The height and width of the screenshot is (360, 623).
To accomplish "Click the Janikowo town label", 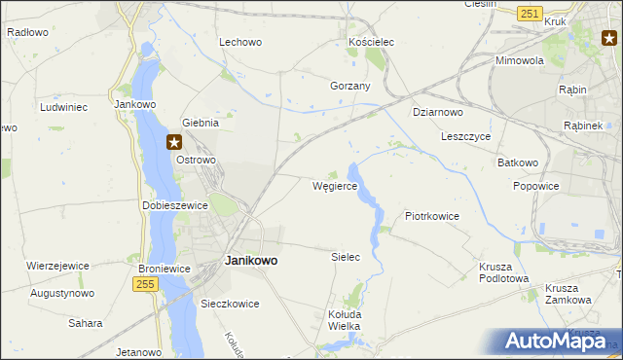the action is point(251,261).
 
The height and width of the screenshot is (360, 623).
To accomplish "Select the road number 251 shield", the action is point(530,14).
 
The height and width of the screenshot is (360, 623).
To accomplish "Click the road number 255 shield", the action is point(145,282).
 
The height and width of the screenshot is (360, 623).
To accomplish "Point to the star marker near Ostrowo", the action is point(174,141).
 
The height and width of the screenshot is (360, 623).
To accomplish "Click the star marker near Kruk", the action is point(608,39).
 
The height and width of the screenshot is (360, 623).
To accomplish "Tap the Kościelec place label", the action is point(370,43).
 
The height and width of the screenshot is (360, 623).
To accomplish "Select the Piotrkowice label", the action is point(431,216).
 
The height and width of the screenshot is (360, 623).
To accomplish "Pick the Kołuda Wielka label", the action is point(344,320).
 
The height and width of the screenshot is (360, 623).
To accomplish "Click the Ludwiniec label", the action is point(64,106).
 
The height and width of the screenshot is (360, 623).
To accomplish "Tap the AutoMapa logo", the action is point(557,340).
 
